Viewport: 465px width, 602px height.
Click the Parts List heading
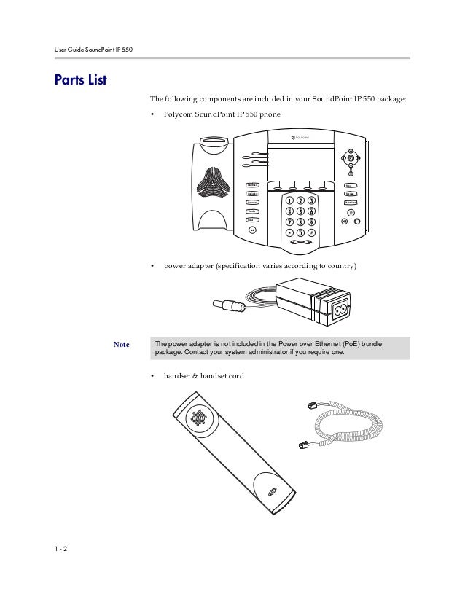pos(81,79)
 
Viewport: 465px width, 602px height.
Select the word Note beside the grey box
pos(122,344)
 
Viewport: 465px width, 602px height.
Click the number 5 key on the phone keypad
pos(300,211)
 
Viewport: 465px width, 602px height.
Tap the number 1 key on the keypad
pos(289,200)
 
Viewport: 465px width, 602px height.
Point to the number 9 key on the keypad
pos(311,222)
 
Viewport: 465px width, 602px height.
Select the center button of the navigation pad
pos(351,159)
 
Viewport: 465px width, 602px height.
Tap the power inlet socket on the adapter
pos(343,312)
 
